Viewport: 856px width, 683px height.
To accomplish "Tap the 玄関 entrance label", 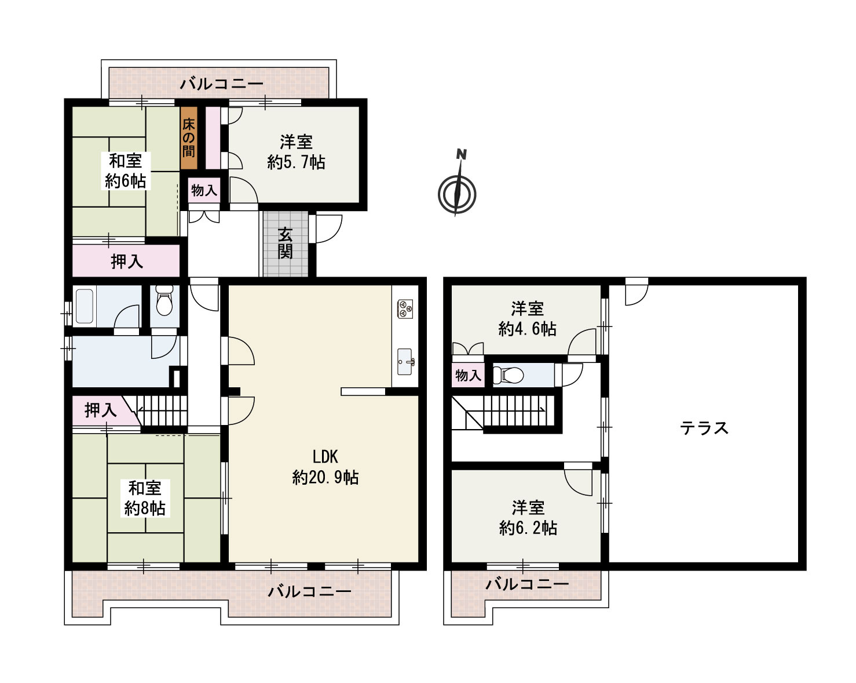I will click(285, 244).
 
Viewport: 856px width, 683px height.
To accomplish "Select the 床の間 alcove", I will click(189, 138).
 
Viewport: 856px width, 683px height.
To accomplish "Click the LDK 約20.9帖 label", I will click(325, 467).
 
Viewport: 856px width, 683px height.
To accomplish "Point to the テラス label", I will click(704, 428).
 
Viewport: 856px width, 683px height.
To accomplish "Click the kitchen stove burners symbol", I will click(404, 308).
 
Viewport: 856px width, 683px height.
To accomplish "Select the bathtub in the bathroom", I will click(85, 306).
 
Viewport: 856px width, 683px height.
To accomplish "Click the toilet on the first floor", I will click(164, 303).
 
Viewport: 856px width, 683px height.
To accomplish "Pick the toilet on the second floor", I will click(510, 375).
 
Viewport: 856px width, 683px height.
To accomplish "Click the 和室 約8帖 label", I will click(145, 498).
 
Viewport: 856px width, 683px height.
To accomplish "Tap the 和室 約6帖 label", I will click(125, 170).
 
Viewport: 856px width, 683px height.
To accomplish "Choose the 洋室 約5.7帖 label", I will click(296, 152).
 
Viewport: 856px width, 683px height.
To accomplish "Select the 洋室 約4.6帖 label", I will click(527, 319).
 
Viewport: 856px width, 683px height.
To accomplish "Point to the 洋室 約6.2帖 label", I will click(528, 518).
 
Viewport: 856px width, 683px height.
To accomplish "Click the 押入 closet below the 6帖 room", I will click(126, 261).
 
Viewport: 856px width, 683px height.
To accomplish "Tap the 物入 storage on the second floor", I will click(468, 375).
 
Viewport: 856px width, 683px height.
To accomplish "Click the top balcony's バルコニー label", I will click(221, 84).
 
